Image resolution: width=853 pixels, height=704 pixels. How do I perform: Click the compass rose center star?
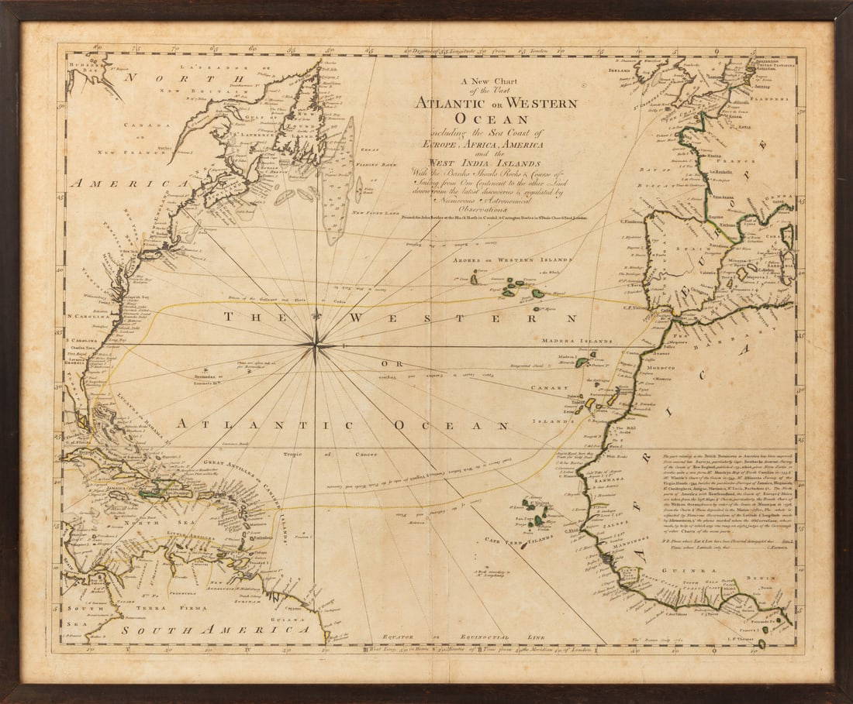pyautogui.click(x=316, y=345)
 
